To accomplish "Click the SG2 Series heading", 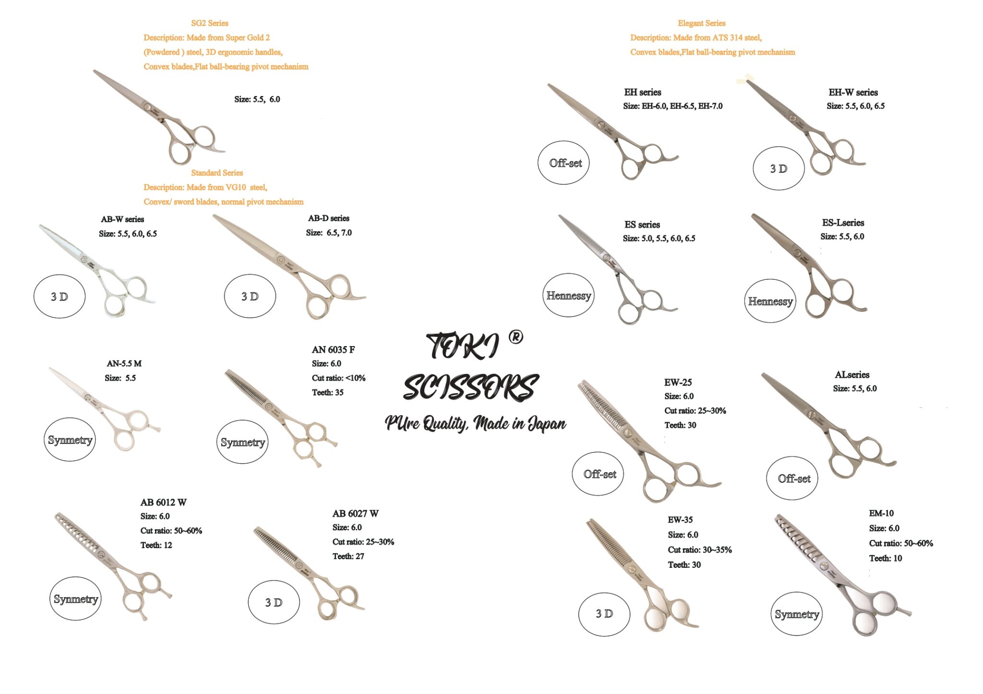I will (209, 23).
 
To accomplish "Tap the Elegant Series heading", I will (701, 23).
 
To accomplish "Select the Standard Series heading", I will (216, 173).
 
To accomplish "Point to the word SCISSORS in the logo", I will (470, 387).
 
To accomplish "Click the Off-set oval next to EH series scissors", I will (565, 163).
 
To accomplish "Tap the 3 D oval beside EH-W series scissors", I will (778, 169).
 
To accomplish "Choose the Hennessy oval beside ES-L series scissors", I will (770, 301).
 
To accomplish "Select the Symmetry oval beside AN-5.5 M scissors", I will (70, 440).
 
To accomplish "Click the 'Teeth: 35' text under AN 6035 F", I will (327, 393).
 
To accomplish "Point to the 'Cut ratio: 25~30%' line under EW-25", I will (695, 411).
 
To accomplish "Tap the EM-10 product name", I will (881, 513).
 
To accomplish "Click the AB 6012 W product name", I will (163, 503).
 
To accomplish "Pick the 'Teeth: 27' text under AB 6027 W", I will (348, 556).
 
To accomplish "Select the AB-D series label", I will (328, 218).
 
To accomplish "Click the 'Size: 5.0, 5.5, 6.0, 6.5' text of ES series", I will (659, 239).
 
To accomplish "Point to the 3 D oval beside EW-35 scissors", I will (604, 614).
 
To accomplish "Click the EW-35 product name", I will (680, 520).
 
